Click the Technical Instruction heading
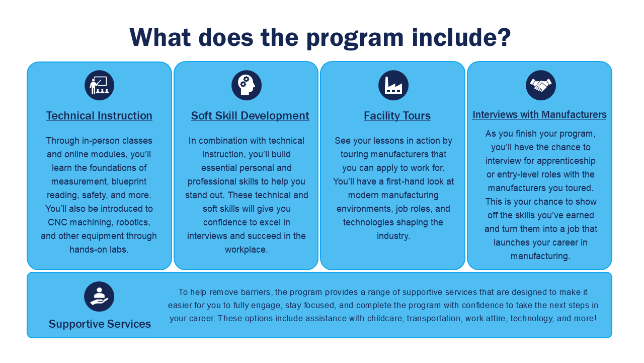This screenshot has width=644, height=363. (99, 116)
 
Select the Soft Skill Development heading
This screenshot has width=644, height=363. (250, 116)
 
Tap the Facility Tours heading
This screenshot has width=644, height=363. (397, 116)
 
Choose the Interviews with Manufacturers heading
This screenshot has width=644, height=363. (539, 114)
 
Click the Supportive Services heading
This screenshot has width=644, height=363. (100, 324)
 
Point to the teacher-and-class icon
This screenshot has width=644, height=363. (100, 85)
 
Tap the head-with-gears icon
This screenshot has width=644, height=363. (247, 85)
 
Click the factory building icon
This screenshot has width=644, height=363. (393, 85)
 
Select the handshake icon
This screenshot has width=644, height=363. (541, 85)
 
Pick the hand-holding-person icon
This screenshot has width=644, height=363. (99, 296)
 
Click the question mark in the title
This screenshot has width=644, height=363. (504, 37)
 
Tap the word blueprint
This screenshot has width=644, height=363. (129, 182)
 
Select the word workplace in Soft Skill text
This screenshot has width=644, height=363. (247, 250)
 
